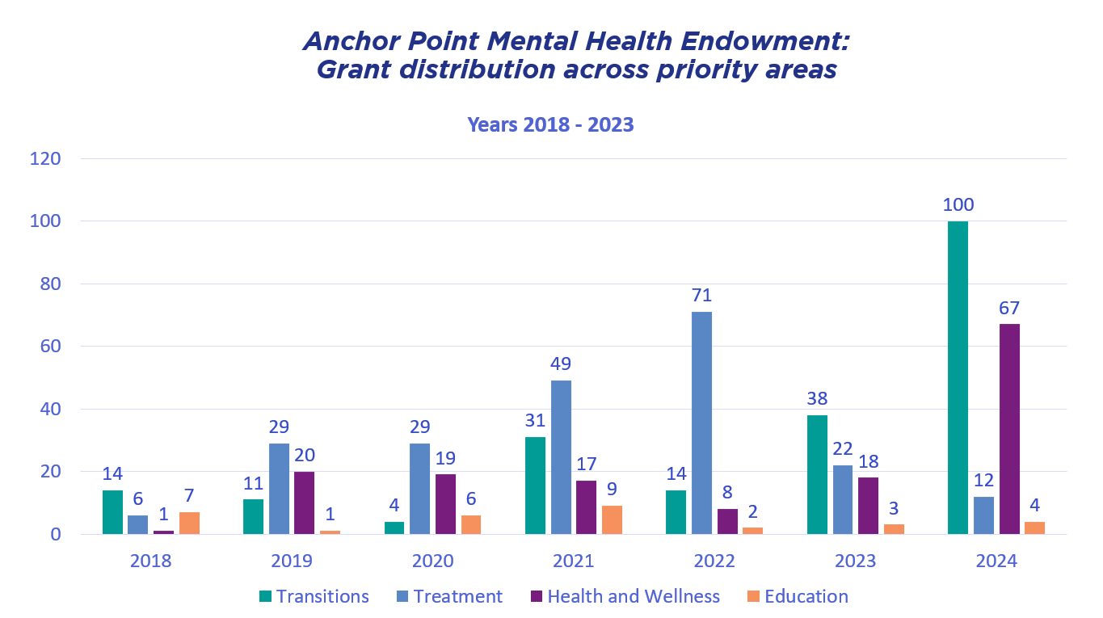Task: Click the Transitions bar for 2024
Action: (x=958, y=377)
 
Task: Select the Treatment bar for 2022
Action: (x=701, y=423)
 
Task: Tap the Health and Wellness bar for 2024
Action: (x=1009, y=429)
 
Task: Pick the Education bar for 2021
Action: (x=612, y=519)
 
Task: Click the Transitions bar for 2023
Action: (x=817, y=474)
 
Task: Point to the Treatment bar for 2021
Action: (x=561, y=457)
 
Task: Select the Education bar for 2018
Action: (x=189, y=523)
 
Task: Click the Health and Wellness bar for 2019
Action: (x=305, y=502)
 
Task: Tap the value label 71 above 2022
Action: (x=701, y=296)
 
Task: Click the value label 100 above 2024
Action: (x=958, y=204)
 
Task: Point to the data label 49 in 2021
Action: (x=561, y=364)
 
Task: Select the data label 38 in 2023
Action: (x=817, y=399)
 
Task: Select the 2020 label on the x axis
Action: (x=432, y=561)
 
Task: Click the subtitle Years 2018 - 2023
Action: (x=550, y=125)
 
